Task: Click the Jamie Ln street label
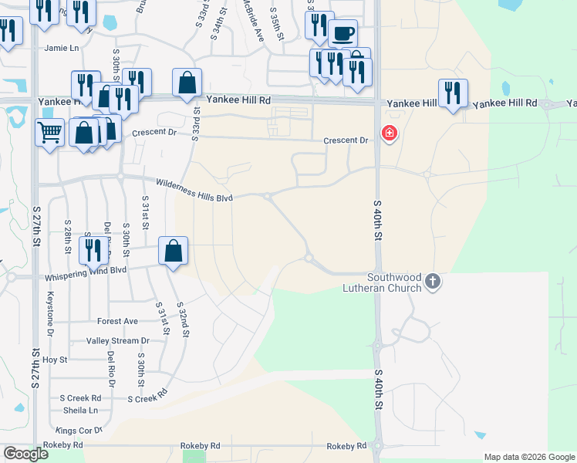[62, 48]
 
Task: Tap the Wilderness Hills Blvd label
[194, 191]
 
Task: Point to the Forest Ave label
[117, 321]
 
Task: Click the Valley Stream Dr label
[118, 340]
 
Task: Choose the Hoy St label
[55, 360]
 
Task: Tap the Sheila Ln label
[81, 411]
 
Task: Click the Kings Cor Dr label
[79, 430]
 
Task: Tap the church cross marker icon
[433, 282]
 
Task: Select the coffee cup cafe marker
[342, 34]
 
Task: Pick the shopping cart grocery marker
[49, 133]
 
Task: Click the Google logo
[25, 454]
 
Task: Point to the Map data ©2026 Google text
[528, 457]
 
